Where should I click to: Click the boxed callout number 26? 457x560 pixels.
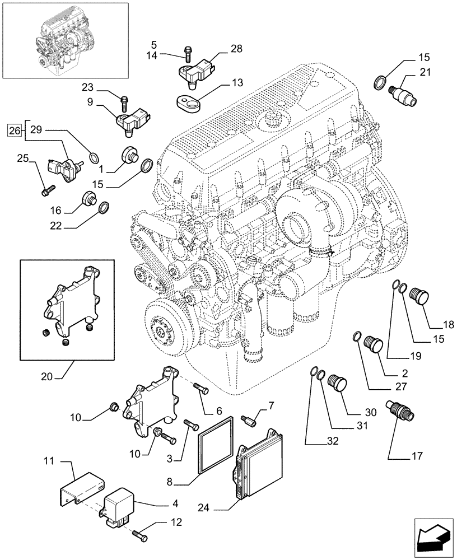pos(15,130)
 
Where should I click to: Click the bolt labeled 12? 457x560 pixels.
pos(141,535)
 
